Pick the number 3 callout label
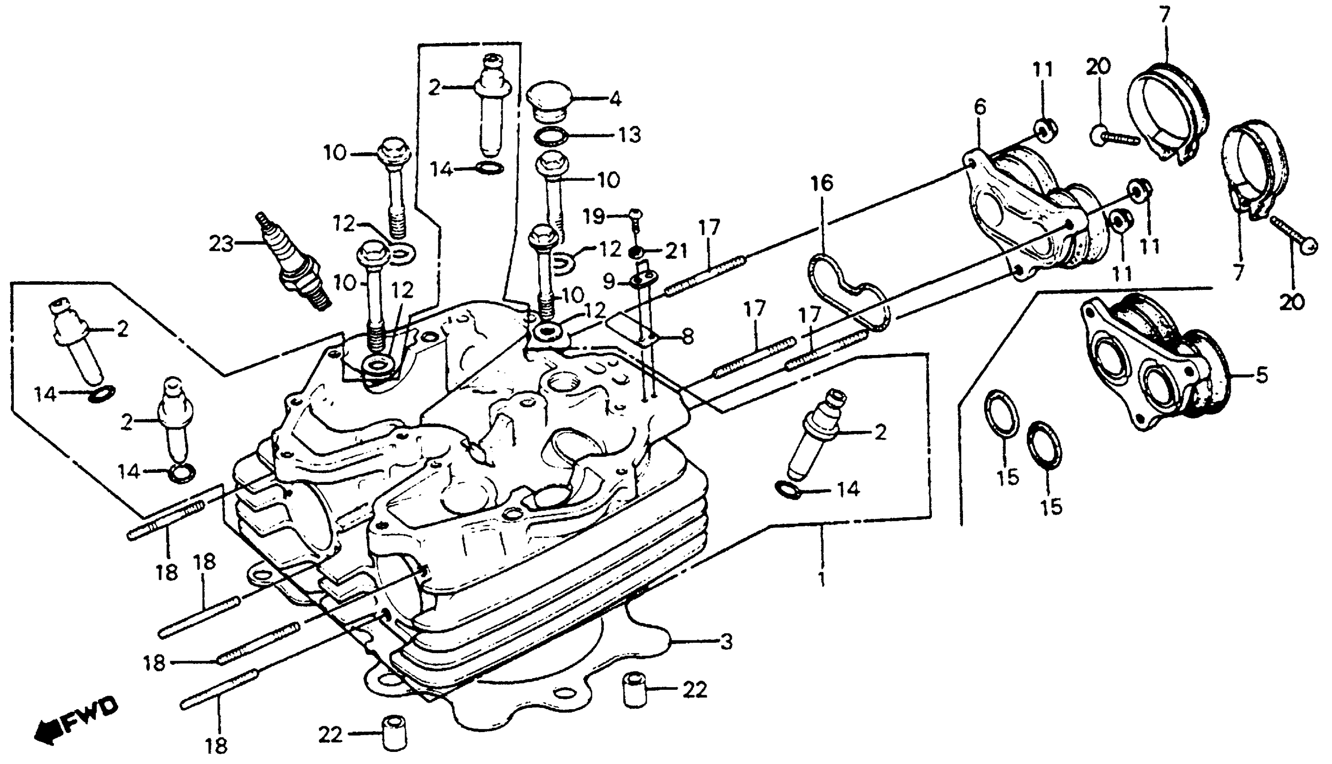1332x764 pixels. point(726,642)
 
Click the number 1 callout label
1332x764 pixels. point(821,579)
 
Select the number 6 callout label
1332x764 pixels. point(979,107)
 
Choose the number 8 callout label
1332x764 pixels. point(687,336)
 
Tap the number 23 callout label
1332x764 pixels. point(221,244)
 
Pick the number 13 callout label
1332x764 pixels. point(629,135)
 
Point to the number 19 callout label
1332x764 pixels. point(594,216)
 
